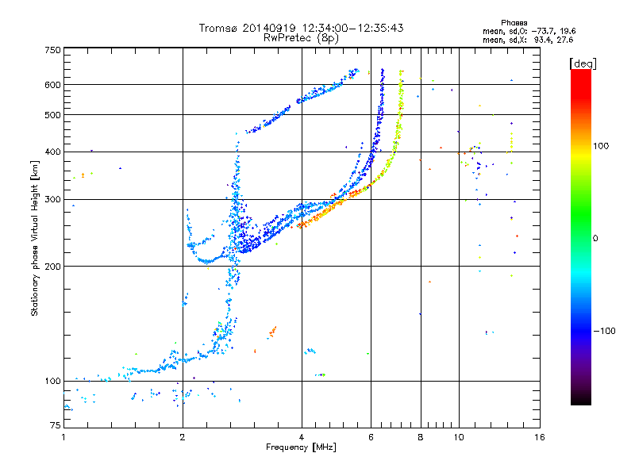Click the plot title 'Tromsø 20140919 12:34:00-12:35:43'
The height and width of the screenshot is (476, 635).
301,28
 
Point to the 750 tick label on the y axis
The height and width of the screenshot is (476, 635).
52,50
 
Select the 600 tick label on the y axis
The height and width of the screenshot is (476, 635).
52,85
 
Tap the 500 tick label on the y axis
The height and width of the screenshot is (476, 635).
52,115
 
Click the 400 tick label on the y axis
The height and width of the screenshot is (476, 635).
52,152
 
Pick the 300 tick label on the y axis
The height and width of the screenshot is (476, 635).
52,199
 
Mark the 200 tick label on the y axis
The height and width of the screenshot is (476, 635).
52,266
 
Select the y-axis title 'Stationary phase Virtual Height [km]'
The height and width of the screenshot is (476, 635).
35,239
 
